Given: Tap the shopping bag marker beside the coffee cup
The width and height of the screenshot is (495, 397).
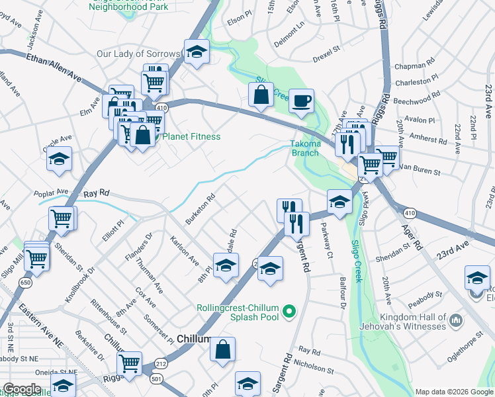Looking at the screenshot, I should (x=261, y=95).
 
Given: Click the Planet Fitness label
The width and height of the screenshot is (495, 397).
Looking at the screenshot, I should (x=191, y=137).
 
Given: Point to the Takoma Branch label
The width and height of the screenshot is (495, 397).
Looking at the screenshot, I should (x=305, y=148).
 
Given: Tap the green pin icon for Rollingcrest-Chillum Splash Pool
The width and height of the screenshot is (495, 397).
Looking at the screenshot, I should (x=289, y=310).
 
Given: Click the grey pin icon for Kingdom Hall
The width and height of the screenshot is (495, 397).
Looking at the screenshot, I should (x=454, y=321).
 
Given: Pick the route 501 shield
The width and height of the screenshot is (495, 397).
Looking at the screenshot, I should (x=156, y=378).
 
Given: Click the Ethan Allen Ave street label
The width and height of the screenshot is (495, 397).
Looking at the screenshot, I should (x=54, y=67).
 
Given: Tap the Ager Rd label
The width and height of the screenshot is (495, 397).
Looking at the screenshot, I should (x=412, y=235).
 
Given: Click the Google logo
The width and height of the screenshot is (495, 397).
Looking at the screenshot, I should (x=22, y=389).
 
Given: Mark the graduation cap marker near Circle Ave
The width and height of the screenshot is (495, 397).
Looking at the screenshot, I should (x=59, y=159).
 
